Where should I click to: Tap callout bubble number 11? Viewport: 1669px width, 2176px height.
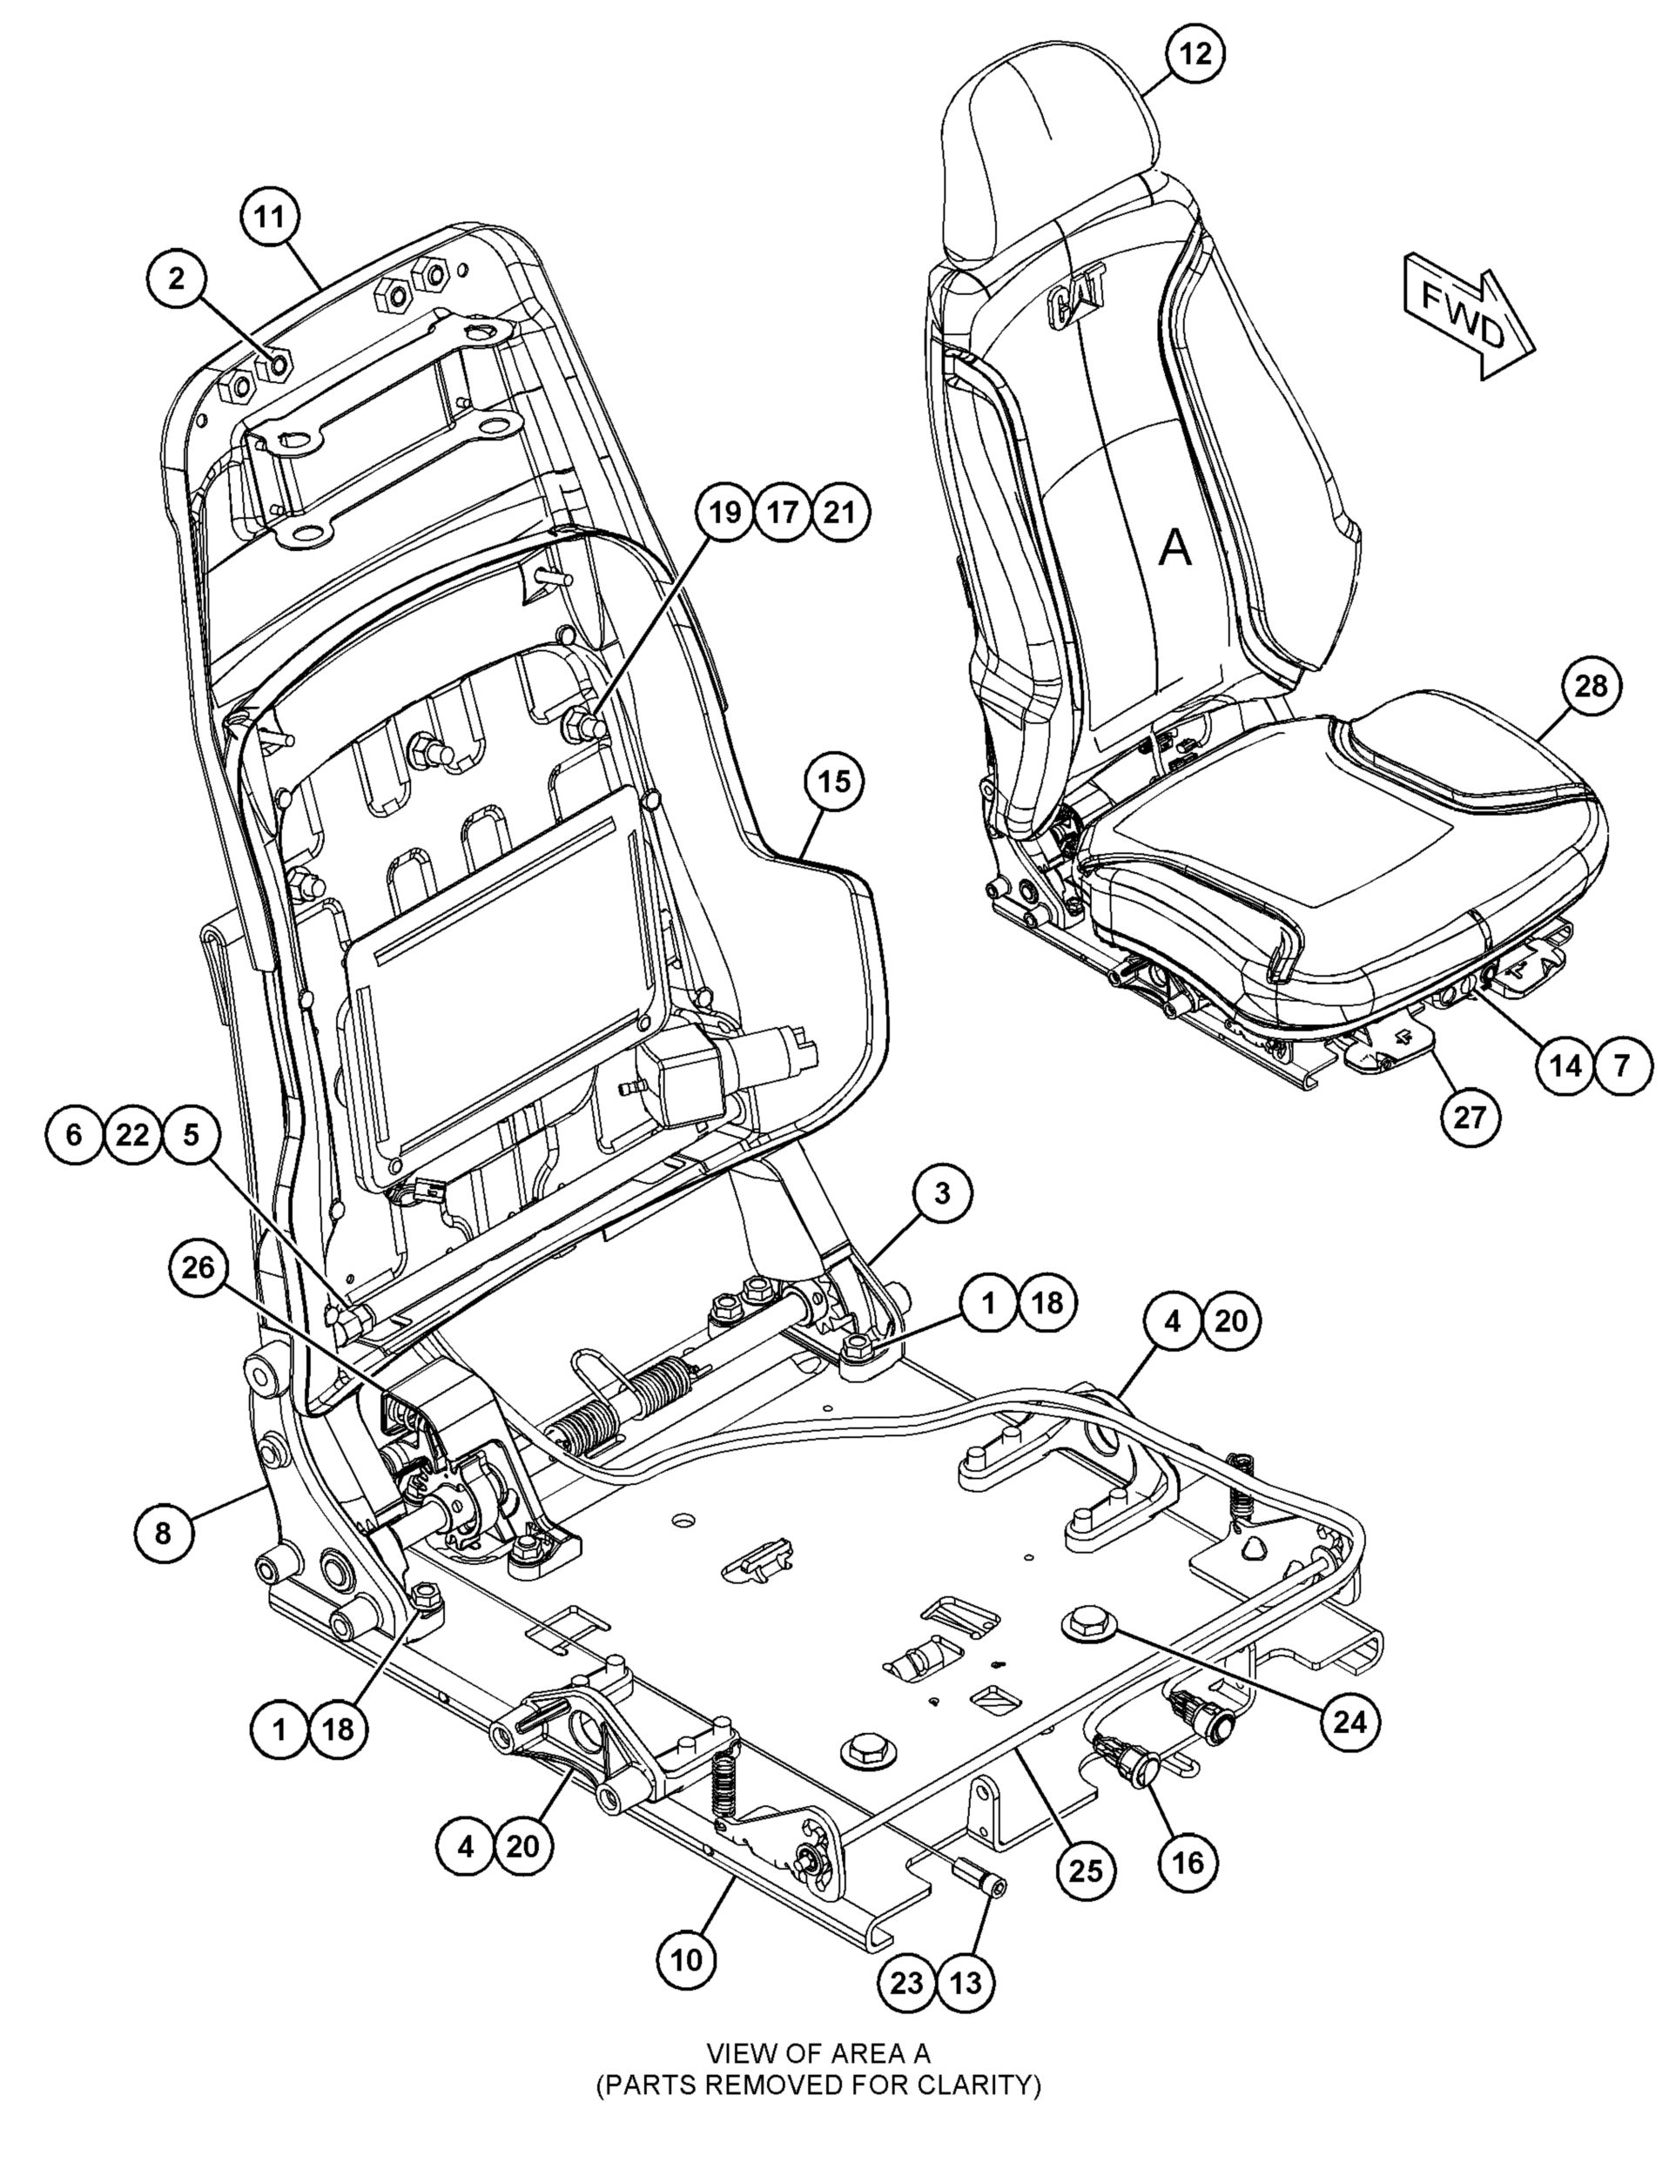click(x=270, y=217)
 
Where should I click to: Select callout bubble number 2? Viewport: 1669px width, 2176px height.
click(x=177, y=279)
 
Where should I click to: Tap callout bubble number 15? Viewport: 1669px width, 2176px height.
click(x=834, y=782)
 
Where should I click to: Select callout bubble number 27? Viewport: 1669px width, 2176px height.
click(x=1470, y=1118)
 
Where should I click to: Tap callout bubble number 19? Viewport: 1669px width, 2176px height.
click(x=725, y=513)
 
